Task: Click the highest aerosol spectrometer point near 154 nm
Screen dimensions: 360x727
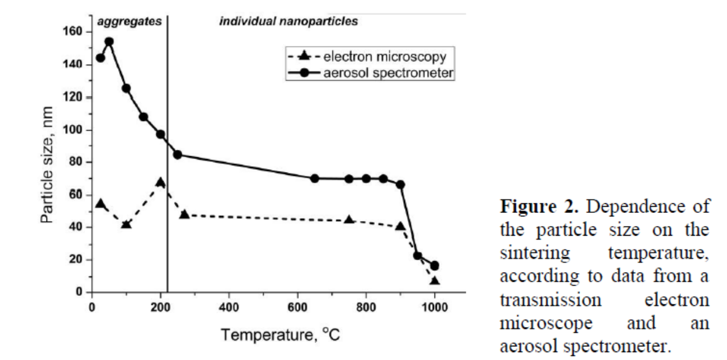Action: [x=109, y=42]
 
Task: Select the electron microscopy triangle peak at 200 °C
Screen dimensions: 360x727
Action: [x=161, y=183]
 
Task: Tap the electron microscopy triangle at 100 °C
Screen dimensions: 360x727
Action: [x=126, y=224]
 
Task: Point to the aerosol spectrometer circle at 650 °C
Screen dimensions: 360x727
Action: [x=315, y=178]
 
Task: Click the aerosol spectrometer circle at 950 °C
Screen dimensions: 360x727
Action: [x=417, y=256]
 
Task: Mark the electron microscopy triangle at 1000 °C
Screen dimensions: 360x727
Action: [x=434, y=281]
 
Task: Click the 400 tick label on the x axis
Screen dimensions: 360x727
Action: [x=229, y=308]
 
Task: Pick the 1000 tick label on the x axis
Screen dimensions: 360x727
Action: [x=434, y=308]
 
